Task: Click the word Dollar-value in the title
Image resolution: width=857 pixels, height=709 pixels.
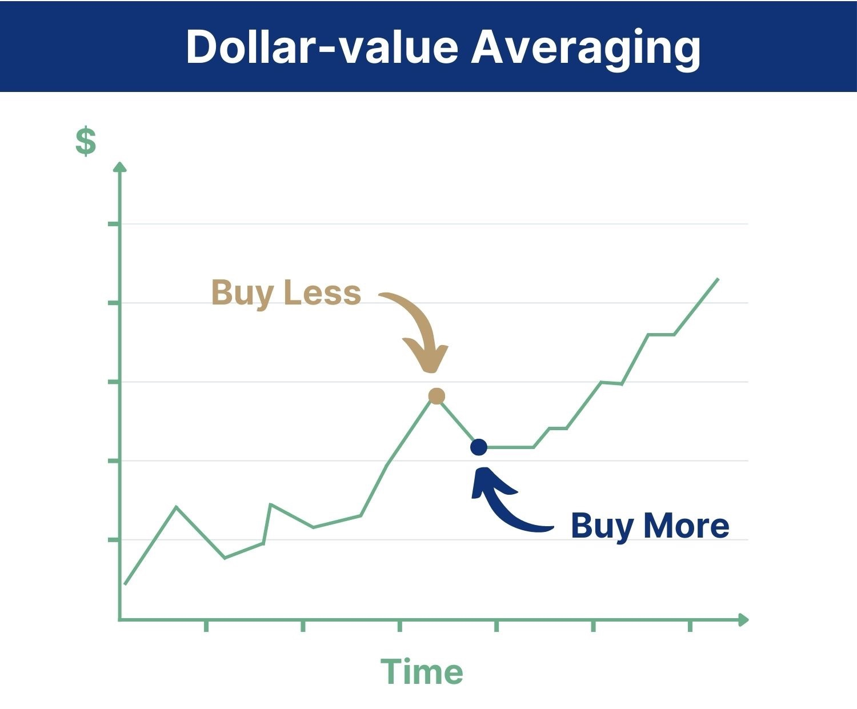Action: coord(322,47)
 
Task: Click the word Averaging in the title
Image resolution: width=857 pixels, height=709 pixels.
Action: coord(586,50)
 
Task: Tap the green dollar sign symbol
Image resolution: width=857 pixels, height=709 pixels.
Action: coord(86,141)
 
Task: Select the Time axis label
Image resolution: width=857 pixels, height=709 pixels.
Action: coord(422,672)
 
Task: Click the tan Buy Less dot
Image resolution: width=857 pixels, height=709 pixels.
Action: coord(436,396)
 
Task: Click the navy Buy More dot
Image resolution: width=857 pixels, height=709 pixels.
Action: coord(479,447)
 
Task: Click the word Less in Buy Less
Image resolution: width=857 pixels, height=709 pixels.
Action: coord(322,293)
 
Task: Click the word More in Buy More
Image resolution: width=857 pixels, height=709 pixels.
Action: coord(686,526)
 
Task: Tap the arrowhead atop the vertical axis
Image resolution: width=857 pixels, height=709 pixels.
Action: coord(120,167)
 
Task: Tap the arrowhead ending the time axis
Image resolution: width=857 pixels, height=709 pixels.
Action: coord(744,619)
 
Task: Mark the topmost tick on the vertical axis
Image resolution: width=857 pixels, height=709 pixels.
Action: coord(114,224)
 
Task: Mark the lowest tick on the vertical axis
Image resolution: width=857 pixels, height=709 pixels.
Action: coord(114,539)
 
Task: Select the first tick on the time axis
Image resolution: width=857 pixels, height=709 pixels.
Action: coord(206,626)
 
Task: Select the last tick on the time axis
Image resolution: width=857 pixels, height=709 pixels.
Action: coord(690,626)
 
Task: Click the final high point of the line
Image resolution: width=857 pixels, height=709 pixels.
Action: coord(718,279)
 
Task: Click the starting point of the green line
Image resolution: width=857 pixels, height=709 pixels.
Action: coord(125,584)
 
